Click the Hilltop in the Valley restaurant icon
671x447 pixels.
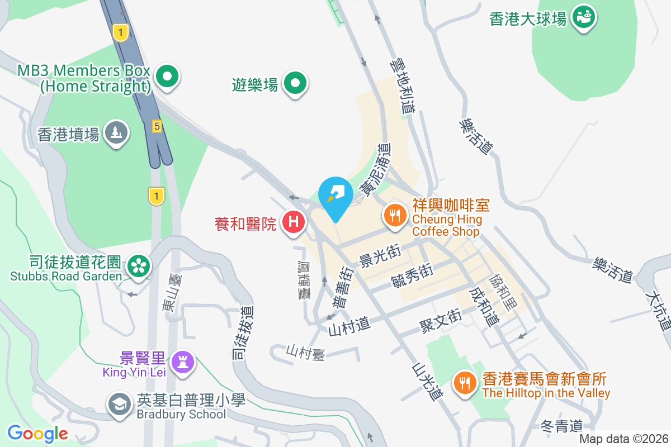pos(464,383)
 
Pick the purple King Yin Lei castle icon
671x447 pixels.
pos(183,362)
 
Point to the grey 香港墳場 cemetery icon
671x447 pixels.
pos(116,133)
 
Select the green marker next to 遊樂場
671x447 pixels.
pos(296,84)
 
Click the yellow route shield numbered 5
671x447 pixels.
pos(157,127)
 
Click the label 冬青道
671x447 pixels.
pos(562,426)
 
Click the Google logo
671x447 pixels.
pos(37,434)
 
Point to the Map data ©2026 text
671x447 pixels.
pos(623,439)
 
